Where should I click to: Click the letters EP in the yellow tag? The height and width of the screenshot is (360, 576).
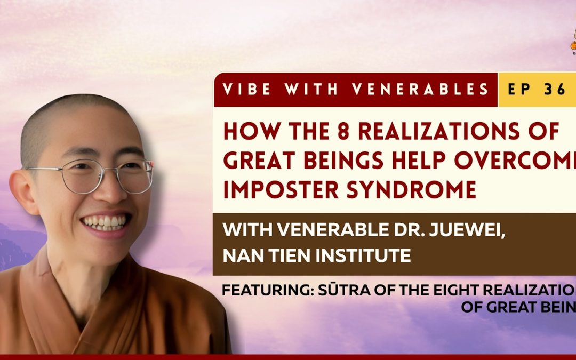coord(518,89)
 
